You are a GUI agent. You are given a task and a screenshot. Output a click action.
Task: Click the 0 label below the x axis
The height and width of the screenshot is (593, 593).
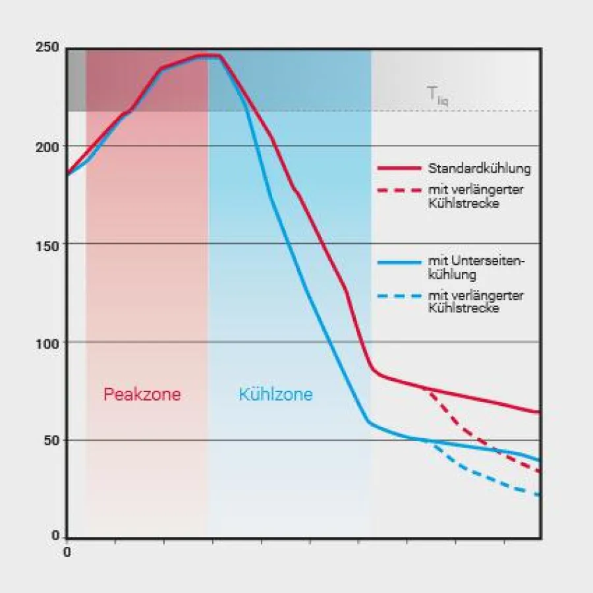(x=67, y=552)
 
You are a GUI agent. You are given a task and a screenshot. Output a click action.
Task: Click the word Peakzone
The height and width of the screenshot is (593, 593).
(x=142, y=395)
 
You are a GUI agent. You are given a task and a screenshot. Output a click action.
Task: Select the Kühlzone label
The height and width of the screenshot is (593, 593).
(x=275, y=395)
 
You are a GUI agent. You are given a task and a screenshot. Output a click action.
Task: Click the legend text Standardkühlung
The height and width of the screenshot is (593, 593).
(x=479, y=168)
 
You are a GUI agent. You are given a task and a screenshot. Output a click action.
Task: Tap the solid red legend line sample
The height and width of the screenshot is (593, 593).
(x=398, y=168)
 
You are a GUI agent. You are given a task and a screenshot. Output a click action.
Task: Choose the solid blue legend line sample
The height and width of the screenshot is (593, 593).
(x=398, y=262)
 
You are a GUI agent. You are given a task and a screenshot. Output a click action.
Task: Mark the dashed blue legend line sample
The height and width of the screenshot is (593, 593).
(x=398, y=296)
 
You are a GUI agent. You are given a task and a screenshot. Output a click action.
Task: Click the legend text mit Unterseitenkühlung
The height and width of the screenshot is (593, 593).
(x=475, y=268)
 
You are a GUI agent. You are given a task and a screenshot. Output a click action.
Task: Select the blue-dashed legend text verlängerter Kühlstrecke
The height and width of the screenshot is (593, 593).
(x=475, y=302)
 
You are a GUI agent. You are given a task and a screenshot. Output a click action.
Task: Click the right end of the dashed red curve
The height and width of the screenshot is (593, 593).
(x=540, y=471)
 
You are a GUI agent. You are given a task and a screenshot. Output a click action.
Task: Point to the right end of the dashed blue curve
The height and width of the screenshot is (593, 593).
(x=540, y=495)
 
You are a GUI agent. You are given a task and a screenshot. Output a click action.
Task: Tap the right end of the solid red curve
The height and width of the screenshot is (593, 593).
(x=540, y=412)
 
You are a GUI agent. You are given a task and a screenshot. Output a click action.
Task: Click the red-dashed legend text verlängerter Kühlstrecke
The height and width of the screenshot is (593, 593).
(x=475, y=197)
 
